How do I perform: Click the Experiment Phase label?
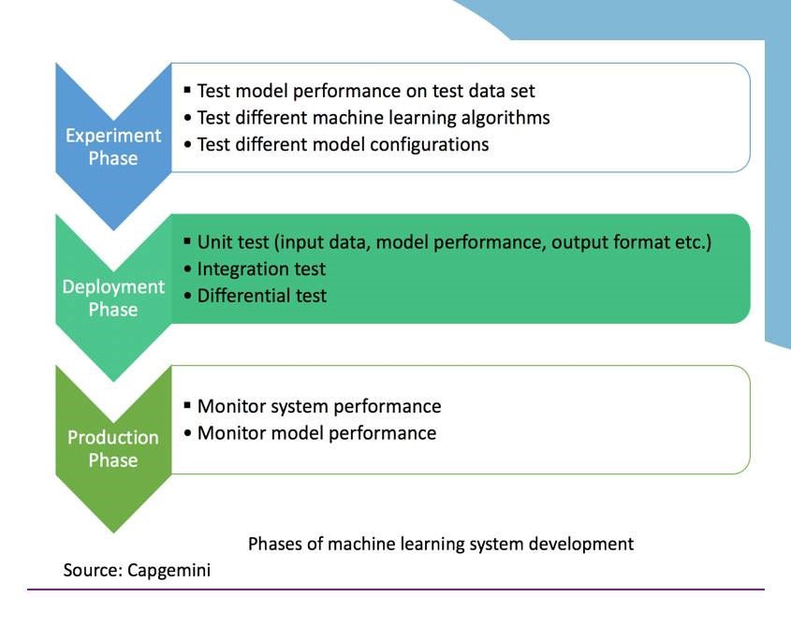(x=113, y=147)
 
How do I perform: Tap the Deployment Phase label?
(x=113, y=298)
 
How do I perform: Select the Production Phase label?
(x=113, y=449)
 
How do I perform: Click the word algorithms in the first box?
(x=505, y=118)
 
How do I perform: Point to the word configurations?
(x=430, y=145)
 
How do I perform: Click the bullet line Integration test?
(x=261, y=269)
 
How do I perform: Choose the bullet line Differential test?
(x=262, y=296)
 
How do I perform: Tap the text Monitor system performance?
(x=319, y=406)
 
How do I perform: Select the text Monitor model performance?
(x=316, y=433)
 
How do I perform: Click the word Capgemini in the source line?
(x=169, y=571)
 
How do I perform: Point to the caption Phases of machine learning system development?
(x=441, y=545)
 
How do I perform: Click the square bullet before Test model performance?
(x=187, y=90)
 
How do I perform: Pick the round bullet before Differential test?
(x=187, y=296)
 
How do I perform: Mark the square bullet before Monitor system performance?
(x=187, y=405)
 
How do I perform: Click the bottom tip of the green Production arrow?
(x=113, y=532)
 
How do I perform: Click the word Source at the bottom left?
(x=94, y=571)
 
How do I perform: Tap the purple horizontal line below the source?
(x=396, y=590)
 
